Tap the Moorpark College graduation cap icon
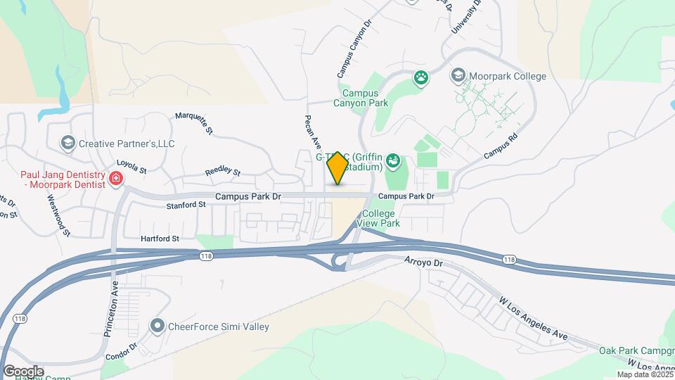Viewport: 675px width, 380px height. pyautogui.click(x=458, y=75)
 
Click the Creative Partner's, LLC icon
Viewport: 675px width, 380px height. pyautogui.click(x=68, y=144)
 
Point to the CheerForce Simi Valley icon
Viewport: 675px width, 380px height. pyautogui.click(x=157, y=326)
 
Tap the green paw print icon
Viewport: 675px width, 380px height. pyautogui.click(x=421, y=77)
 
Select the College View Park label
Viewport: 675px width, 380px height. pyautogui.click(x=378, y=218)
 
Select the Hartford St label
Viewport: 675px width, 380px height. pyautogui.click(x=160, y=239)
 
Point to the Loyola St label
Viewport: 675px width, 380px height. pyautogui.click(x=131, y=166)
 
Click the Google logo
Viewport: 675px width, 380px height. pyautogui.click(x=23, y=371)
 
